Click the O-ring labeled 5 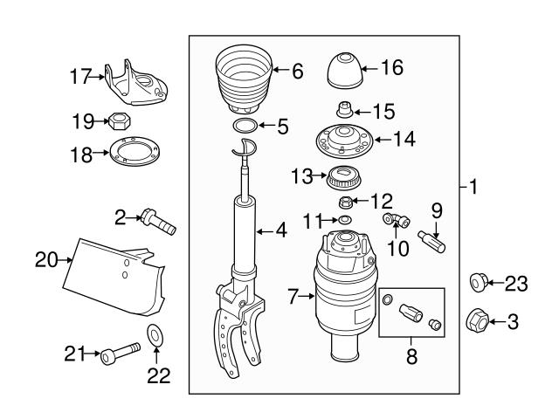tap(245, 127)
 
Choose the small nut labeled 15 tap(342, 111)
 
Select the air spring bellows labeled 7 tap(347, 297)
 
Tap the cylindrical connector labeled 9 tap(433, 239)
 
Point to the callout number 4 tap(281, 231)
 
